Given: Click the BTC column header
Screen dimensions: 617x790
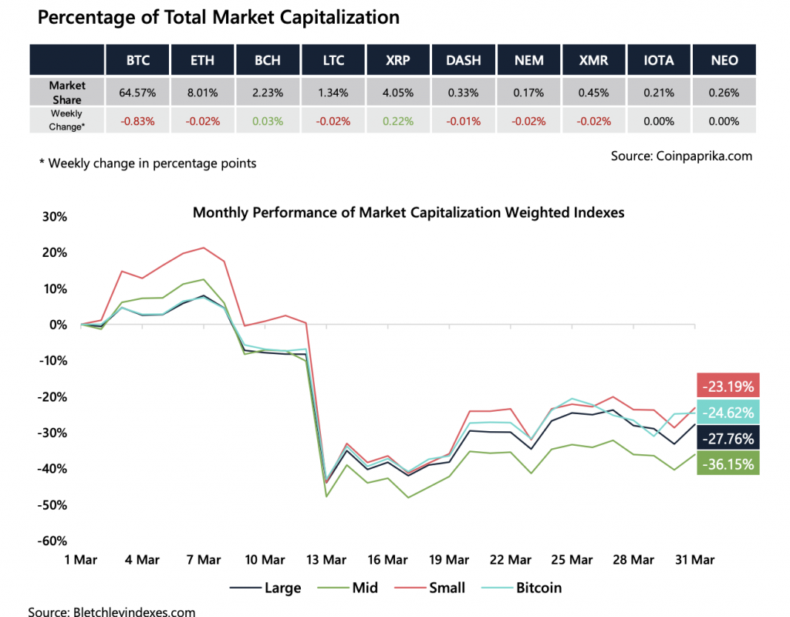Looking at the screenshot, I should [137, 60].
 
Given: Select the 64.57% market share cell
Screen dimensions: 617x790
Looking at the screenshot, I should [137, 93].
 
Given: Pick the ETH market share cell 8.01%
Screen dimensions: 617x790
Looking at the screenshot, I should [203, 93].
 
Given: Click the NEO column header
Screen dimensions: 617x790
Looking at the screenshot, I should [725, 60].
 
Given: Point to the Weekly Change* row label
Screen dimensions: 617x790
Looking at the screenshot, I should [67, 121].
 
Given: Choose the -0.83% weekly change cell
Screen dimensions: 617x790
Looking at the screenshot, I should [137, 121].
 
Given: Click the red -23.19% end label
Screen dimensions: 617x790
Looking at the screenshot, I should [728, 385].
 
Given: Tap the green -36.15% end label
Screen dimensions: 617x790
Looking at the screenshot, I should [728, 463].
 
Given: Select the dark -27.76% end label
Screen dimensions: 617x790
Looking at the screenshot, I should [728, 438].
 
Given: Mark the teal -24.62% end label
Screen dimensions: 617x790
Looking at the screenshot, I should [728, 412].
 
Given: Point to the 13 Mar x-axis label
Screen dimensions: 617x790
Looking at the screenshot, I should [326, 560].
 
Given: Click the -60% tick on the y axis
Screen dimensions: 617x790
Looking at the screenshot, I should [51, 541].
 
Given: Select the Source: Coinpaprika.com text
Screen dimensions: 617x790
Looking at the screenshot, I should [681, 156].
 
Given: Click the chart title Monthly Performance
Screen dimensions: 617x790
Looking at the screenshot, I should [408, 212].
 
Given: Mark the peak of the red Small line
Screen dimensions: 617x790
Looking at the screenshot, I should [204, 248].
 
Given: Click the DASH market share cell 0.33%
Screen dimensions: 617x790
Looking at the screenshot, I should [463, 93].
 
